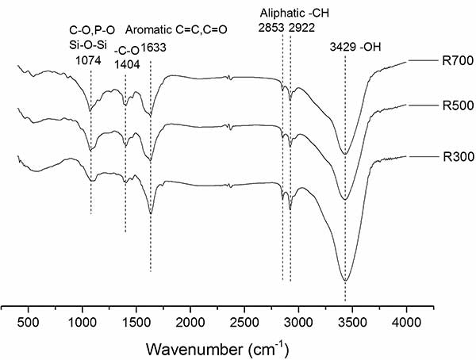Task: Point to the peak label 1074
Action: [90, 58]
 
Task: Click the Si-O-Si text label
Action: [89, 44]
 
